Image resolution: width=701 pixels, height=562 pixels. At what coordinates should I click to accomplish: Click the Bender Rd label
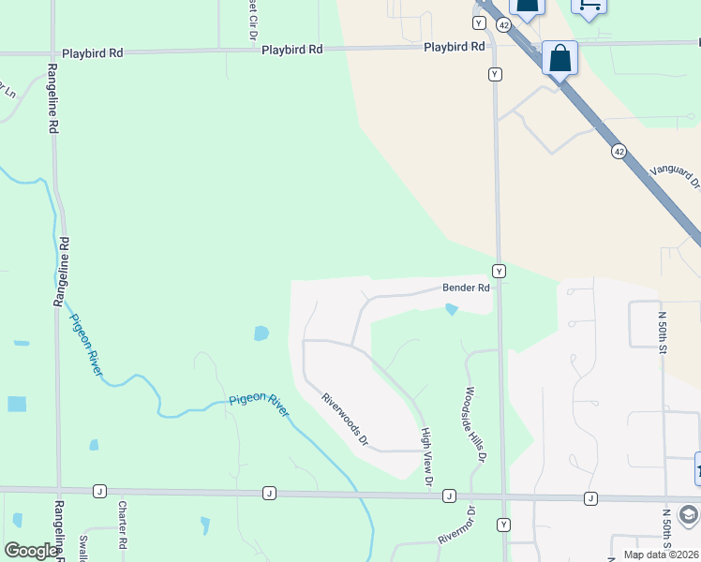pos(466,288)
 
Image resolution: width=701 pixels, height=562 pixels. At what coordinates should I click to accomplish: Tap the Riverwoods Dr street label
pos(346,418)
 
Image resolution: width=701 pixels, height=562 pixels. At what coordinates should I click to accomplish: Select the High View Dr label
pos(426,457)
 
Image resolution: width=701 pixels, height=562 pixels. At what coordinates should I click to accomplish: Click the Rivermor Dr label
pos(457,526)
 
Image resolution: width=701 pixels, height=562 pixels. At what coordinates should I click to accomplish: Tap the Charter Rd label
pos(122,525)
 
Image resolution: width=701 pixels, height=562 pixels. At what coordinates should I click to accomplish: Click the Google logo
pos(31,551)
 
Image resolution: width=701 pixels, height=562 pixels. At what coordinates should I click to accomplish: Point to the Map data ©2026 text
pos(660,555)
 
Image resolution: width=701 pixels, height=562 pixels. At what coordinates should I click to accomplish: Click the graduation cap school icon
pos(689,515)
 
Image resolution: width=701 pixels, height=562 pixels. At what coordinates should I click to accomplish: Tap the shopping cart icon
pos(589,6)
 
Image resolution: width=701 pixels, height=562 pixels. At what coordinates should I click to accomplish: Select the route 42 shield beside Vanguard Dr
pos(619,150)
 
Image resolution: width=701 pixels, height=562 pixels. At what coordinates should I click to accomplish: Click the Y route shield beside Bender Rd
pos(500,271)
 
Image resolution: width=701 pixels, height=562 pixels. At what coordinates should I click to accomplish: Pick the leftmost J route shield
pos(98,491)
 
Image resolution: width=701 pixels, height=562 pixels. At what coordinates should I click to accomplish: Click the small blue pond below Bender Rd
pos(452,309)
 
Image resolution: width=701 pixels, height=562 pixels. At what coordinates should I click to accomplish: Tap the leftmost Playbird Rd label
pos(92,53)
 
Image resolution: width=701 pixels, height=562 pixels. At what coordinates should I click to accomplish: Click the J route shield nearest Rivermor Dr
pos(449,495)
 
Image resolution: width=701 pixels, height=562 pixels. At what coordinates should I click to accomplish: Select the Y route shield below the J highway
pos(505,525)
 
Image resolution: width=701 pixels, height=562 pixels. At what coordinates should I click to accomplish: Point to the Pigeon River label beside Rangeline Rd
pos(86,344)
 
